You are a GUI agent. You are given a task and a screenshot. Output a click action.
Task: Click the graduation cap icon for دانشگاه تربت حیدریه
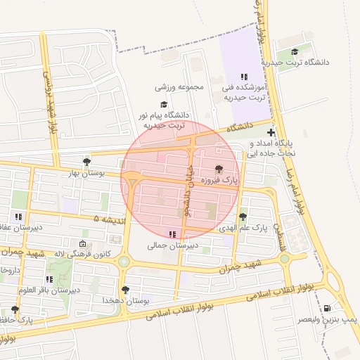point(295,51)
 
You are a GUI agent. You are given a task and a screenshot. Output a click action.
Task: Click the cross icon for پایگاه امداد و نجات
point(271,132)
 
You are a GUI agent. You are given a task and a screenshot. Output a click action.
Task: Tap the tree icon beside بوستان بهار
point(86,162)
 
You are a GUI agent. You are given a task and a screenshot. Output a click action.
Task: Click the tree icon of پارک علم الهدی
point(243,217)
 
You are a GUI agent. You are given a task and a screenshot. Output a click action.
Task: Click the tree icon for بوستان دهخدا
point(125,290)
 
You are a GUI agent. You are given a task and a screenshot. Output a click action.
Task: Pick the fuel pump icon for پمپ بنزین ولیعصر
point(327,308)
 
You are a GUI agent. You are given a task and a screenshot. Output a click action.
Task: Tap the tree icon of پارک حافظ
point(15,309)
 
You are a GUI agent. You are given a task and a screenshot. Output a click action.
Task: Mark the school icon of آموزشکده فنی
point(243,77)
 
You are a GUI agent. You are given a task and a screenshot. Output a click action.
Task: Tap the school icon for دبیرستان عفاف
point(18,217)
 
